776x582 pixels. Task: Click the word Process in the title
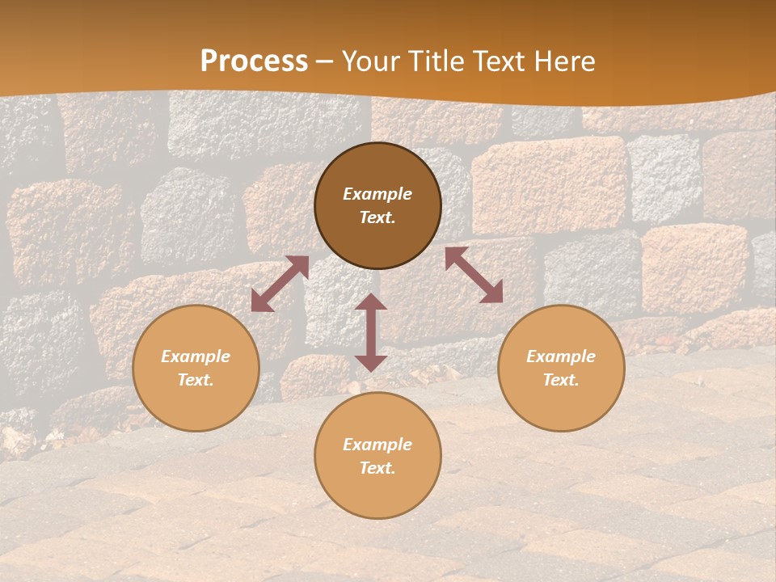click(x=254, y=61)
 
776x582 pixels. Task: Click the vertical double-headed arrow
click(x=371, y=332)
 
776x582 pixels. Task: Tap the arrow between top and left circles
click(x=280, y=284)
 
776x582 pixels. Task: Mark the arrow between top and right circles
click(x=474, y=275)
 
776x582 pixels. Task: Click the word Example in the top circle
click(x=377, y=194)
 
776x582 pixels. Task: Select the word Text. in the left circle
click(x=196, y=380)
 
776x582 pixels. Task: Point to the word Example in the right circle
click(x=561, y=356)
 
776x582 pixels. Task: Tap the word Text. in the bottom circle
click(x=377, y=468)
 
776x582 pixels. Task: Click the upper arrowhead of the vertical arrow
click(x=371, y=302)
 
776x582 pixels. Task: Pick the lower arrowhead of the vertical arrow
click(x=371, y=363)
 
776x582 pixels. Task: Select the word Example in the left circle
click(x=196, y=356)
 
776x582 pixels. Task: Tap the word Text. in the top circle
click(x=377, y=217)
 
